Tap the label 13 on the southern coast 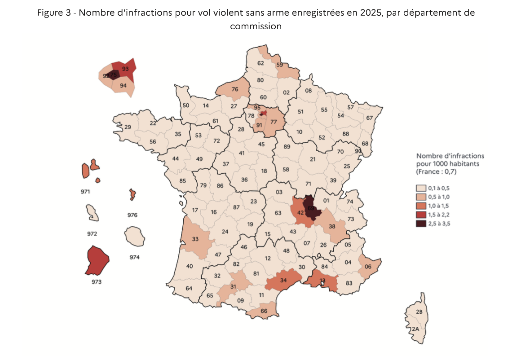click(322, 281)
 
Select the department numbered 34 click(283, 281)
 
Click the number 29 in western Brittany click(128, 127)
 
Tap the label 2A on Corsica click(415, 329)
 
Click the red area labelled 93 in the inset click(125, 69)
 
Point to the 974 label click(134, 257)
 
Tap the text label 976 click(132, 215)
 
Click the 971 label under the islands click(86, 192)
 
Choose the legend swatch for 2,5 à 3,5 click(421, 223)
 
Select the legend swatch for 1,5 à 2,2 click(421, 215)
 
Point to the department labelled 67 click(370, 118)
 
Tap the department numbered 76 click(234, 89)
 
